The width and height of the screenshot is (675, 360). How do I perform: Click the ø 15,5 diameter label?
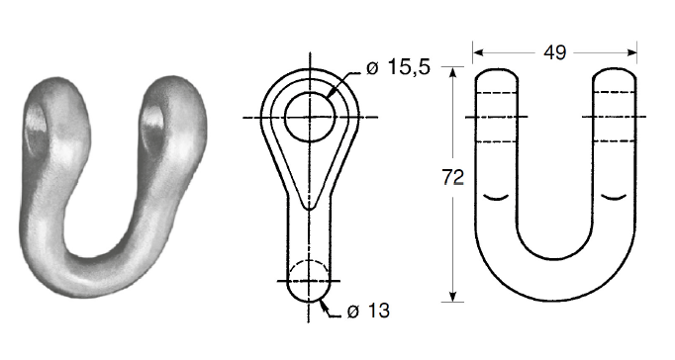pos(398,67)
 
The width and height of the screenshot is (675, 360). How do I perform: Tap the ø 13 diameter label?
pos(368,311)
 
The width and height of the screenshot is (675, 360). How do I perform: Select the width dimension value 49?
pos(554,52)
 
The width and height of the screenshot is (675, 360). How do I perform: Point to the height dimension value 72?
pos(453,177)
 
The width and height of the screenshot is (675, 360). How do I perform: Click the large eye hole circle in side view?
pos(285,117)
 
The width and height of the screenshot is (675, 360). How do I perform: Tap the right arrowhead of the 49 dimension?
pos(632,52)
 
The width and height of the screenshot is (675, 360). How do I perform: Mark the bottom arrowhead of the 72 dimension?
pos(452,297)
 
